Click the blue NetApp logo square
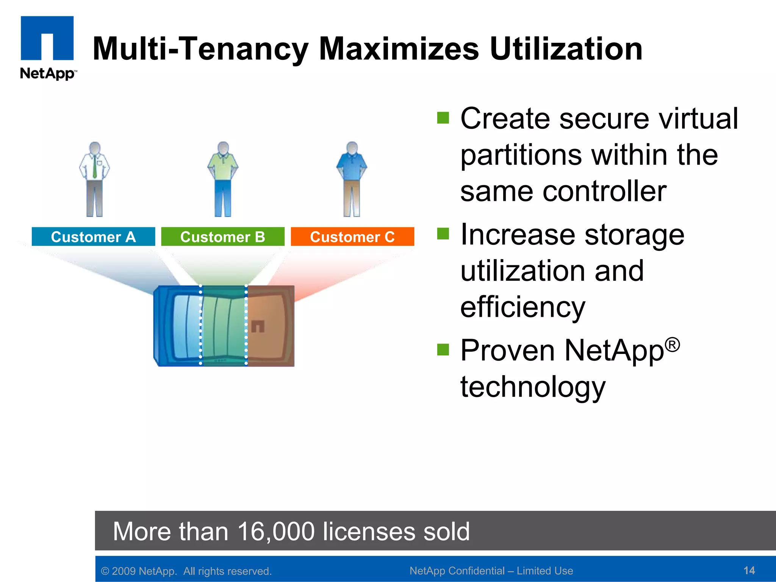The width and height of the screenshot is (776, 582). point(47,38)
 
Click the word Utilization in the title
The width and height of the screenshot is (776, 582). point(566,49)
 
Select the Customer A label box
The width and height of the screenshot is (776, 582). point(93,237)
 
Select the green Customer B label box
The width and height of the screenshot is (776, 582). point(222,237)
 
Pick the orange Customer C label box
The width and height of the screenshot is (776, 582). point(352,237)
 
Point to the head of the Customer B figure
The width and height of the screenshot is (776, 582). point(223,148)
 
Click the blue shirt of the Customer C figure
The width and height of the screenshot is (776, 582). point(352,167)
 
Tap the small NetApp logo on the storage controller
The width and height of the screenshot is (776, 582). point(258,326)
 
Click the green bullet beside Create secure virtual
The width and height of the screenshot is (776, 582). point(443,118)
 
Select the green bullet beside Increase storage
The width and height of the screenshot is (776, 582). point(443,234)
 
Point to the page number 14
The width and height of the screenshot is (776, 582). point(749,571)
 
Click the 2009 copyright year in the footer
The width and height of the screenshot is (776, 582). point(124,571)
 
